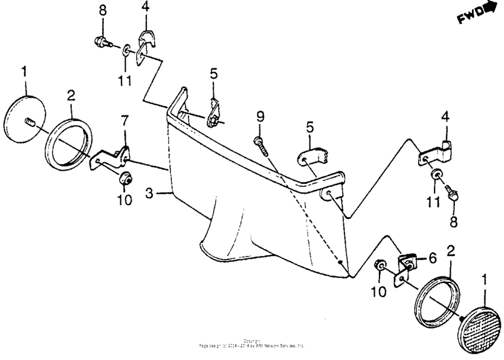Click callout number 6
coord(433,259)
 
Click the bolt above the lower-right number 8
coord(454,193)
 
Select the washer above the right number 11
coord(436,173)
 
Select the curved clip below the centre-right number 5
coord(312,157)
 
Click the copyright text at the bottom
coord(252,342)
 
